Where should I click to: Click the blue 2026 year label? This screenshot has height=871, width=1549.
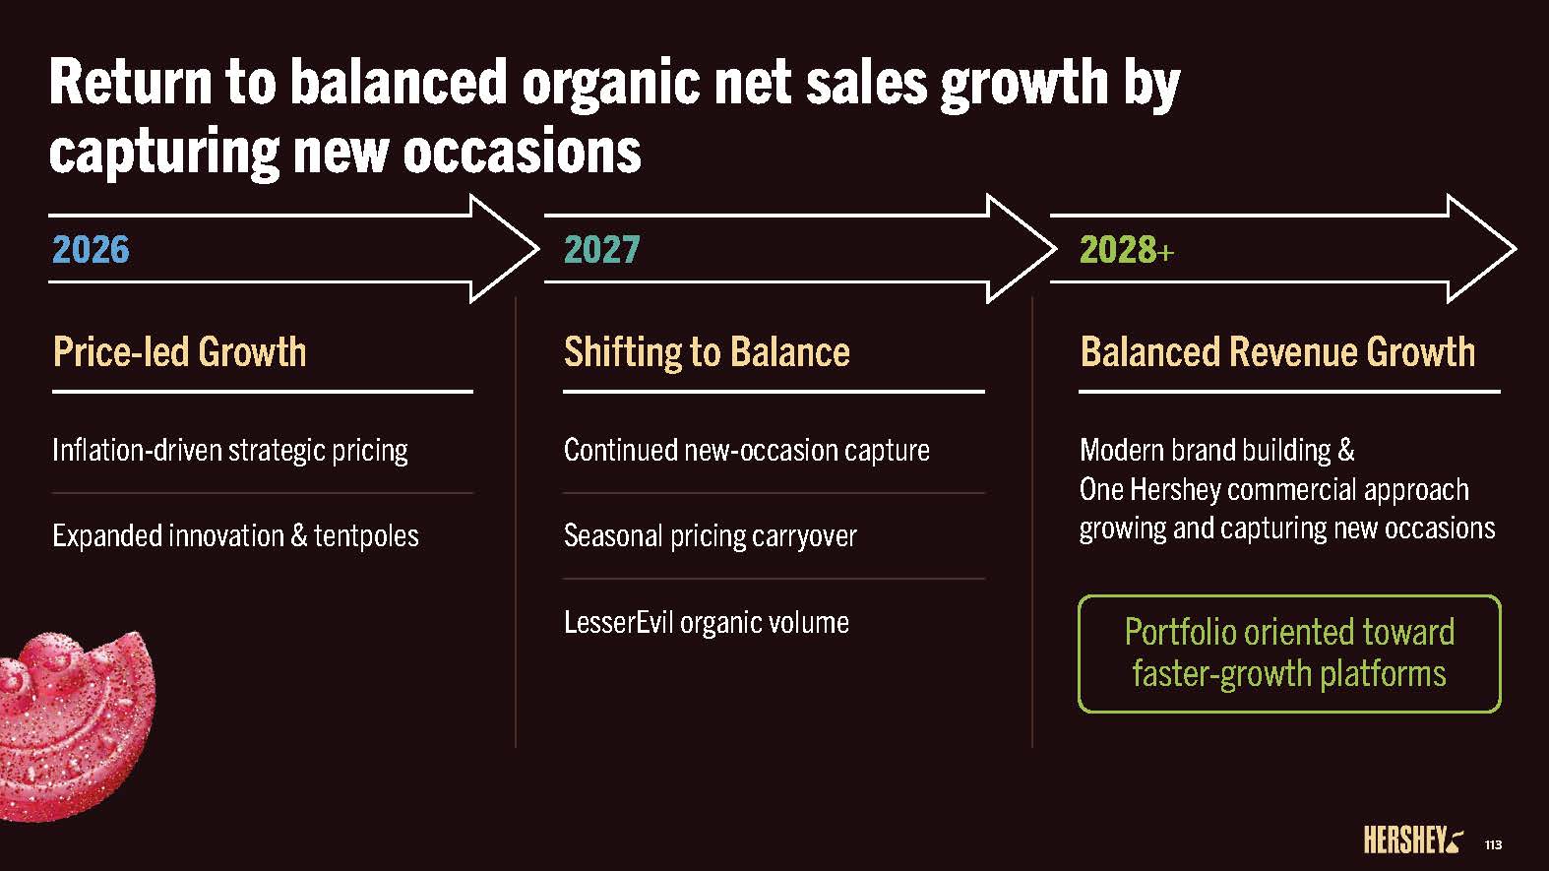click(91, 250)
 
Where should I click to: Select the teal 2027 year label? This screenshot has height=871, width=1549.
click(601, 250)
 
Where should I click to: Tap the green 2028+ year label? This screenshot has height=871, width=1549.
click(1127, 250)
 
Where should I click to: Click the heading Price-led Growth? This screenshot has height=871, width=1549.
click(179, 351)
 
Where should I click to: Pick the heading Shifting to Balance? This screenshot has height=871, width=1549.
click(707, 352)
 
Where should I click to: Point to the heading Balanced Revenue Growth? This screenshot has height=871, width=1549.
click(1278, 351)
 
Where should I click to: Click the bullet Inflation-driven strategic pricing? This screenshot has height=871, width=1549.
click(230, 451)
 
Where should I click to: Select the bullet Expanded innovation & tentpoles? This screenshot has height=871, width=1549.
click(236, 536)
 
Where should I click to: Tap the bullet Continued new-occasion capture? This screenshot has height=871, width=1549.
click(747, 451)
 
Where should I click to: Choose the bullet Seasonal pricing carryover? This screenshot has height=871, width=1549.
click(711, 536)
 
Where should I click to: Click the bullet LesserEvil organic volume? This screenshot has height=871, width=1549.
click(706, 623)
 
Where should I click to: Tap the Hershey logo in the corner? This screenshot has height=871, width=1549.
click(1413, 840)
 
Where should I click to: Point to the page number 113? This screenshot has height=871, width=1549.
click(1493, 844)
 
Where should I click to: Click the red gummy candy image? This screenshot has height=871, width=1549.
click(76, 726)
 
